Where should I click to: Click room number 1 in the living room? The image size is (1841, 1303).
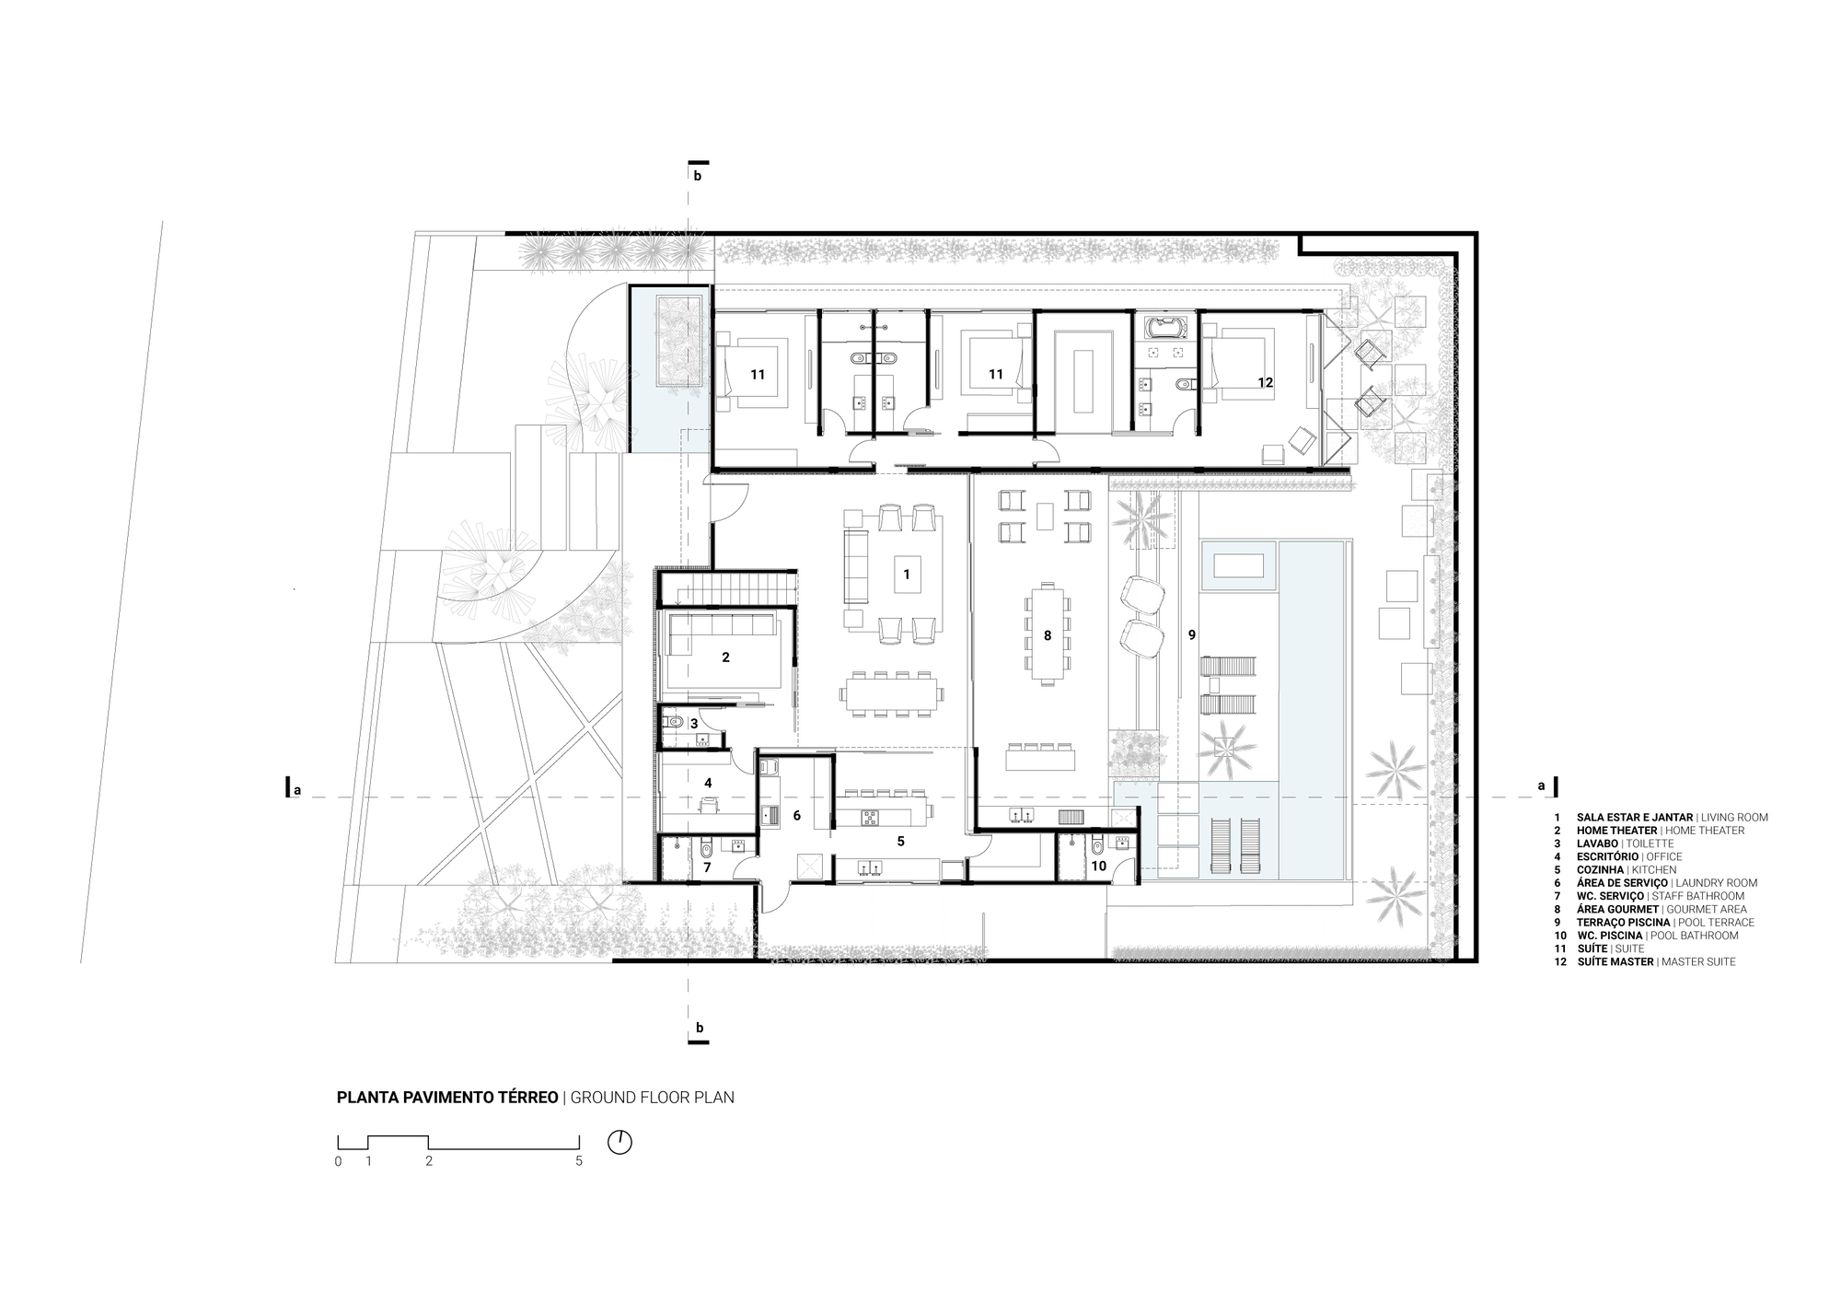pos(907,574)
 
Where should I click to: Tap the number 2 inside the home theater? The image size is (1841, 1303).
pos(726,657)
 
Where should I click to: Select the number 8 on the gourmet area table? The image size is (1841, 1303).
pos(1048,635)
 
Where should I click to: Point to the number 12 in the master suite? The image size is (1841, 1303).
pos(1266,382)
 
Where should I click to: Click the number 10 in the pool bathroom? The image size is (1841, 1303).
pos(1098,866)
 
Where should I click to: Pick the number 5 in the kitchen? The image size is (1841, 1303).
pos(900,841)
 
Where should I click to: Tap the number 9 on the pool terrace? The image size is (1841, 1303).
pos(1191,634)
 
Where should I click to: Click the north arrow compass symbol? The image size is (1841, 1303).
pos(620,1142)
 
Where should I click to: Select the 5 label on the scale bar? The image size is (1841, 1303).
pos(579,1161)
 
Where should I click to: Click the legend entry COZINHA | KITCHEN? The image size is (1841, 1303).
pos(1627,869)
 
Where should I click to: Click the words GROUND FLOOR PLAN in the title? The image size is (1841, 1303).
pos(653,1098)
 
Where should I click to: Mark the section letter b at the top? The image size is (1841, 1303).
pos(698,176)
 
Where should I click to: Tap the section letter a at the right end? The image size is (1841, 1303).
pos(1541,785)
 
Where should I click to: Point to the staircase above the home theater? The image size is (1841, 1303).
pos(727,587)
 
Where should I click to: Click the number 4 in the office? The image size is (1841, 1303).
pos(708,783)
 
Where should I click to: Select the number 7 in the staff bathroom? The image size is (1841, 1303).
pos(707,867)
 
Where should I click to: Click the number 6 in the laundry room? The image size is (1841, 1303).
pos(797,815)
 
